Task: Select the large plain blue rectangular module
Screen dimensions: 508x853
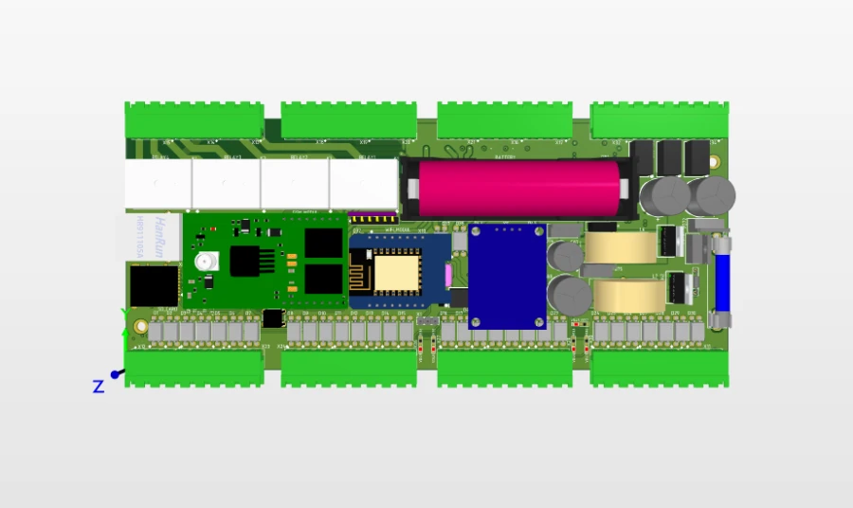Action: click(507, 275)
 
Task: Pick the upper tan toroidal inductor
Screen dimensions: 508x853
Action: click(622, 247)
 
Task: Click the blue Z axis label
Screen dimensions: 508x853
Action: click(98, 386)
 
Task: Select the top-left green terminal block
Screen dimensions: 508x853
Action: click(193, 119)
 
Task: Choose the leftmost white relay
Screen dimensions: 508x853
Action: click(157, 184)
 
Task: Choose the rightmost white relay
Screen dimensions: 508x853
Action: click(362, 182)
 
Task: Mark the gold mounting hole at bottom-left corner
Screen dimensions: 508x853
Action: click(141, 327)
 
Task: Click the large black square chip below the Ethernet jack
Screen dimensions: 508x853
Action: click(154, 285)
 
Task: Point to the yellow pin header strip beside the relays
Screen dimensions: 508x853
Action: click(373, 217)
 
